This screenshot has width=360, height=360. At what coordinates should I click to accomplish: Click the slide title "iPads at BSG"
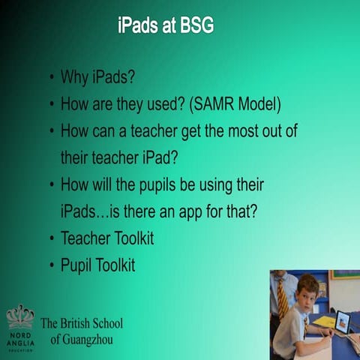click(166, 27)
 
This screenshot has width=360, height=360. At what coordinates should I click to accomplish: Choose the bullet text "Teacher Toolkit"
click(107, 238)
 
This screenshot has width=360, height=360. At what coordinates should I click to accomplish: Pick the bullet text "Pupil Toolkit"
click(97, 265)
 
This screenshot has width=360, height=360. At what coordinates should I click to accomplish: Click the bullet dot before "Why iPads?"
click(49, 78)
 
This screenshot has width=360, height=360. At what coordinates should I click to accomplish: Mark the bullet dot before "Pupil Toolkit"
click(49, 265)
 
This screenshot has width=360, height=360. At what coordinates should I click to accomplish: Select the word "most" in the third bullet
click(248, 131)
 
